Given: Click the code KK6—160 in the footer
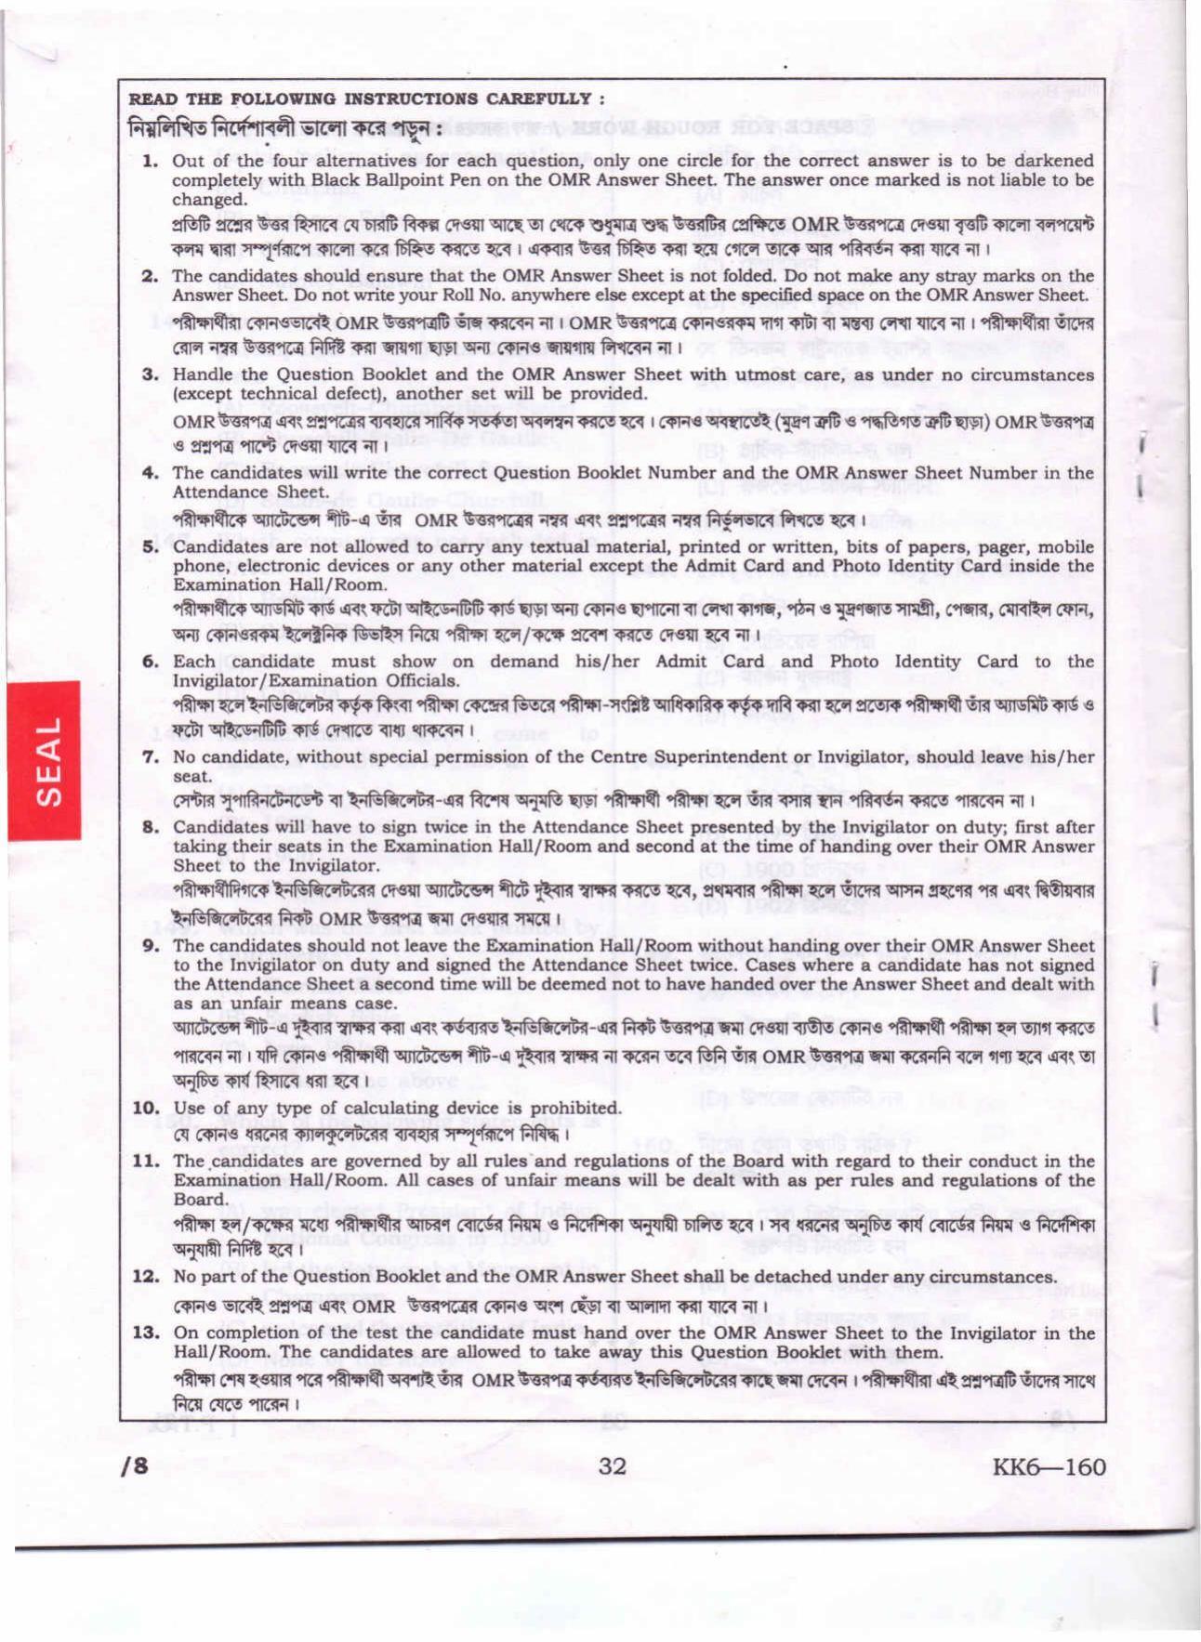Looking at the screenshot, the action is click(x=1048, y=1466).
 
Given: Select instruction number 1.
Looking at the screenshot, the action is click(x=150, y=161).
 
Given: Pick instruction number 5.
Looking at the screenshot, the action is click(x=150, y=546).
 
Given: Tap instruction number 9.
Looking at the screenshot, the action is click(x=150, y=946).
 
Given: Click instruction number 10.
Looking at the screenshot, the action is click(x=145, y=1108).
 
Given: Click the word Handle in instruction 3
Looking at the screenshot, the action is click(x=202, y=374).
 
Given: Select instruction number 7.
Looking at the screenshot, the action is click(x=150, y=756).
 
